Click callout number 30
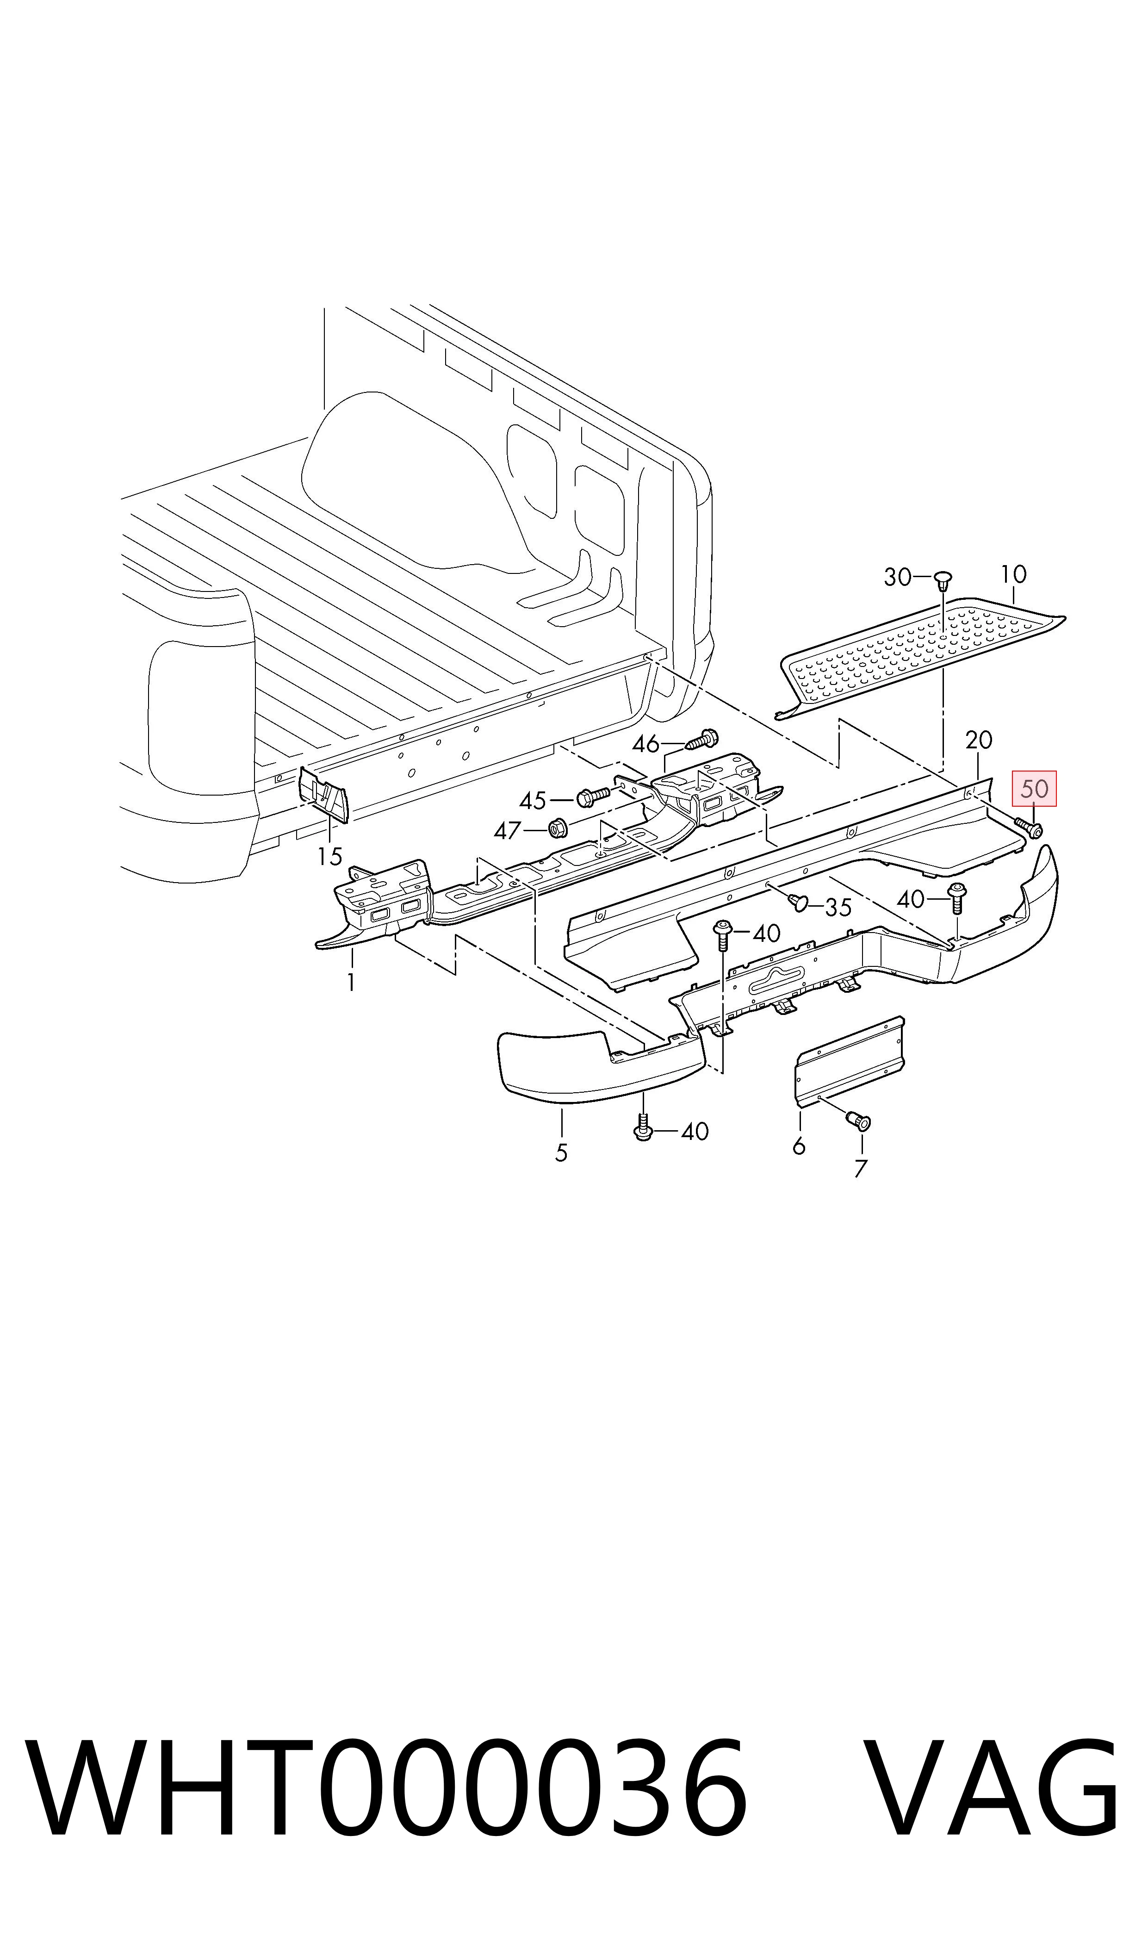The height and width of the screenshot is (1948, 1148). [x=897, y=577]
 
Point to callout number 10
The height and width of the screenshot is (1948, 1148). [x=1013, y=574]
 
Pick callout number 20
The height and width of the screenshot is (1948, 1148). [x=979, y=741]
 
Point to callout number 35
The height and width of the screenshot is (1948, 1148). [x=838, y=908]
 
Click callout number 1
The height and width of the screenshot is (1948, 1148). [x=351, y=983]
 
